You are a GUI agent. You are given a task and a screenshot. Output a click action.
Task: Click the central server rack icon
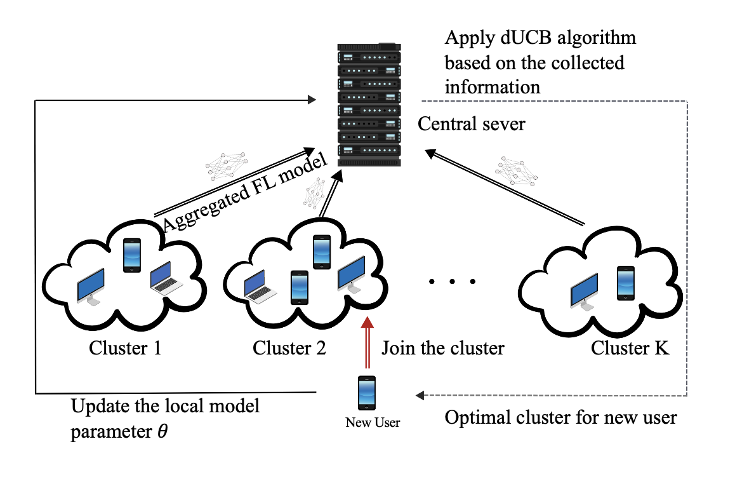pyautogui.click(x=367, y=104)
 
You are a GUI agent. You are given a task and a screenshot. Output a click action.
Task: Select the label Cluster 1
pyautogui.click(x=125, y=348)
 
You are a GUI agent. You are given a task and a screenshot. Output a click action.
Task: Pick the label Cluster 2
pyautogui.click(x=289, y=348)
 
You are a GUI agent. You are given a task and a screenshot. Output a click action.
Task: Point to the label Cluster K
pyautogui.click(x=630, y=348)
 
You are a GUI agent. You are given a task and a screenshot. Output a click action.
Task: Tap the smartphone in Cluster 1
pyautogui.click(x=131, y=254)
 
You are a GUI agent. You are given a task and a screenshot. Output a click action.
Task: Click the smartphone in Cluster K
pyautogui.click(x=626, y=283)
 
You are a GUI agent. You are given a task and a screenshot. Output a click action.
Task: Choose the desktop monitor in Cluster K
pyautogui.click(x=584, y=292)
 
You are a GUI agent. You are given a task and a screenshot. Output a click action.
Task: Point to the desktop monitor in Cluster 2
pyautogui.click(x=351, y=275)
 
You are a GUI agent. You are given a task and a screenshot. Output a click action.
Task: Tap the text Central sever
pyautogui.click(x=472, y=123)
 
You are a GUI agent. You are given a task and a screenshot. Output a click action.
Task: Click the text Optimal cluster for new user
pyautogui.click(x=560, y=418)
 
